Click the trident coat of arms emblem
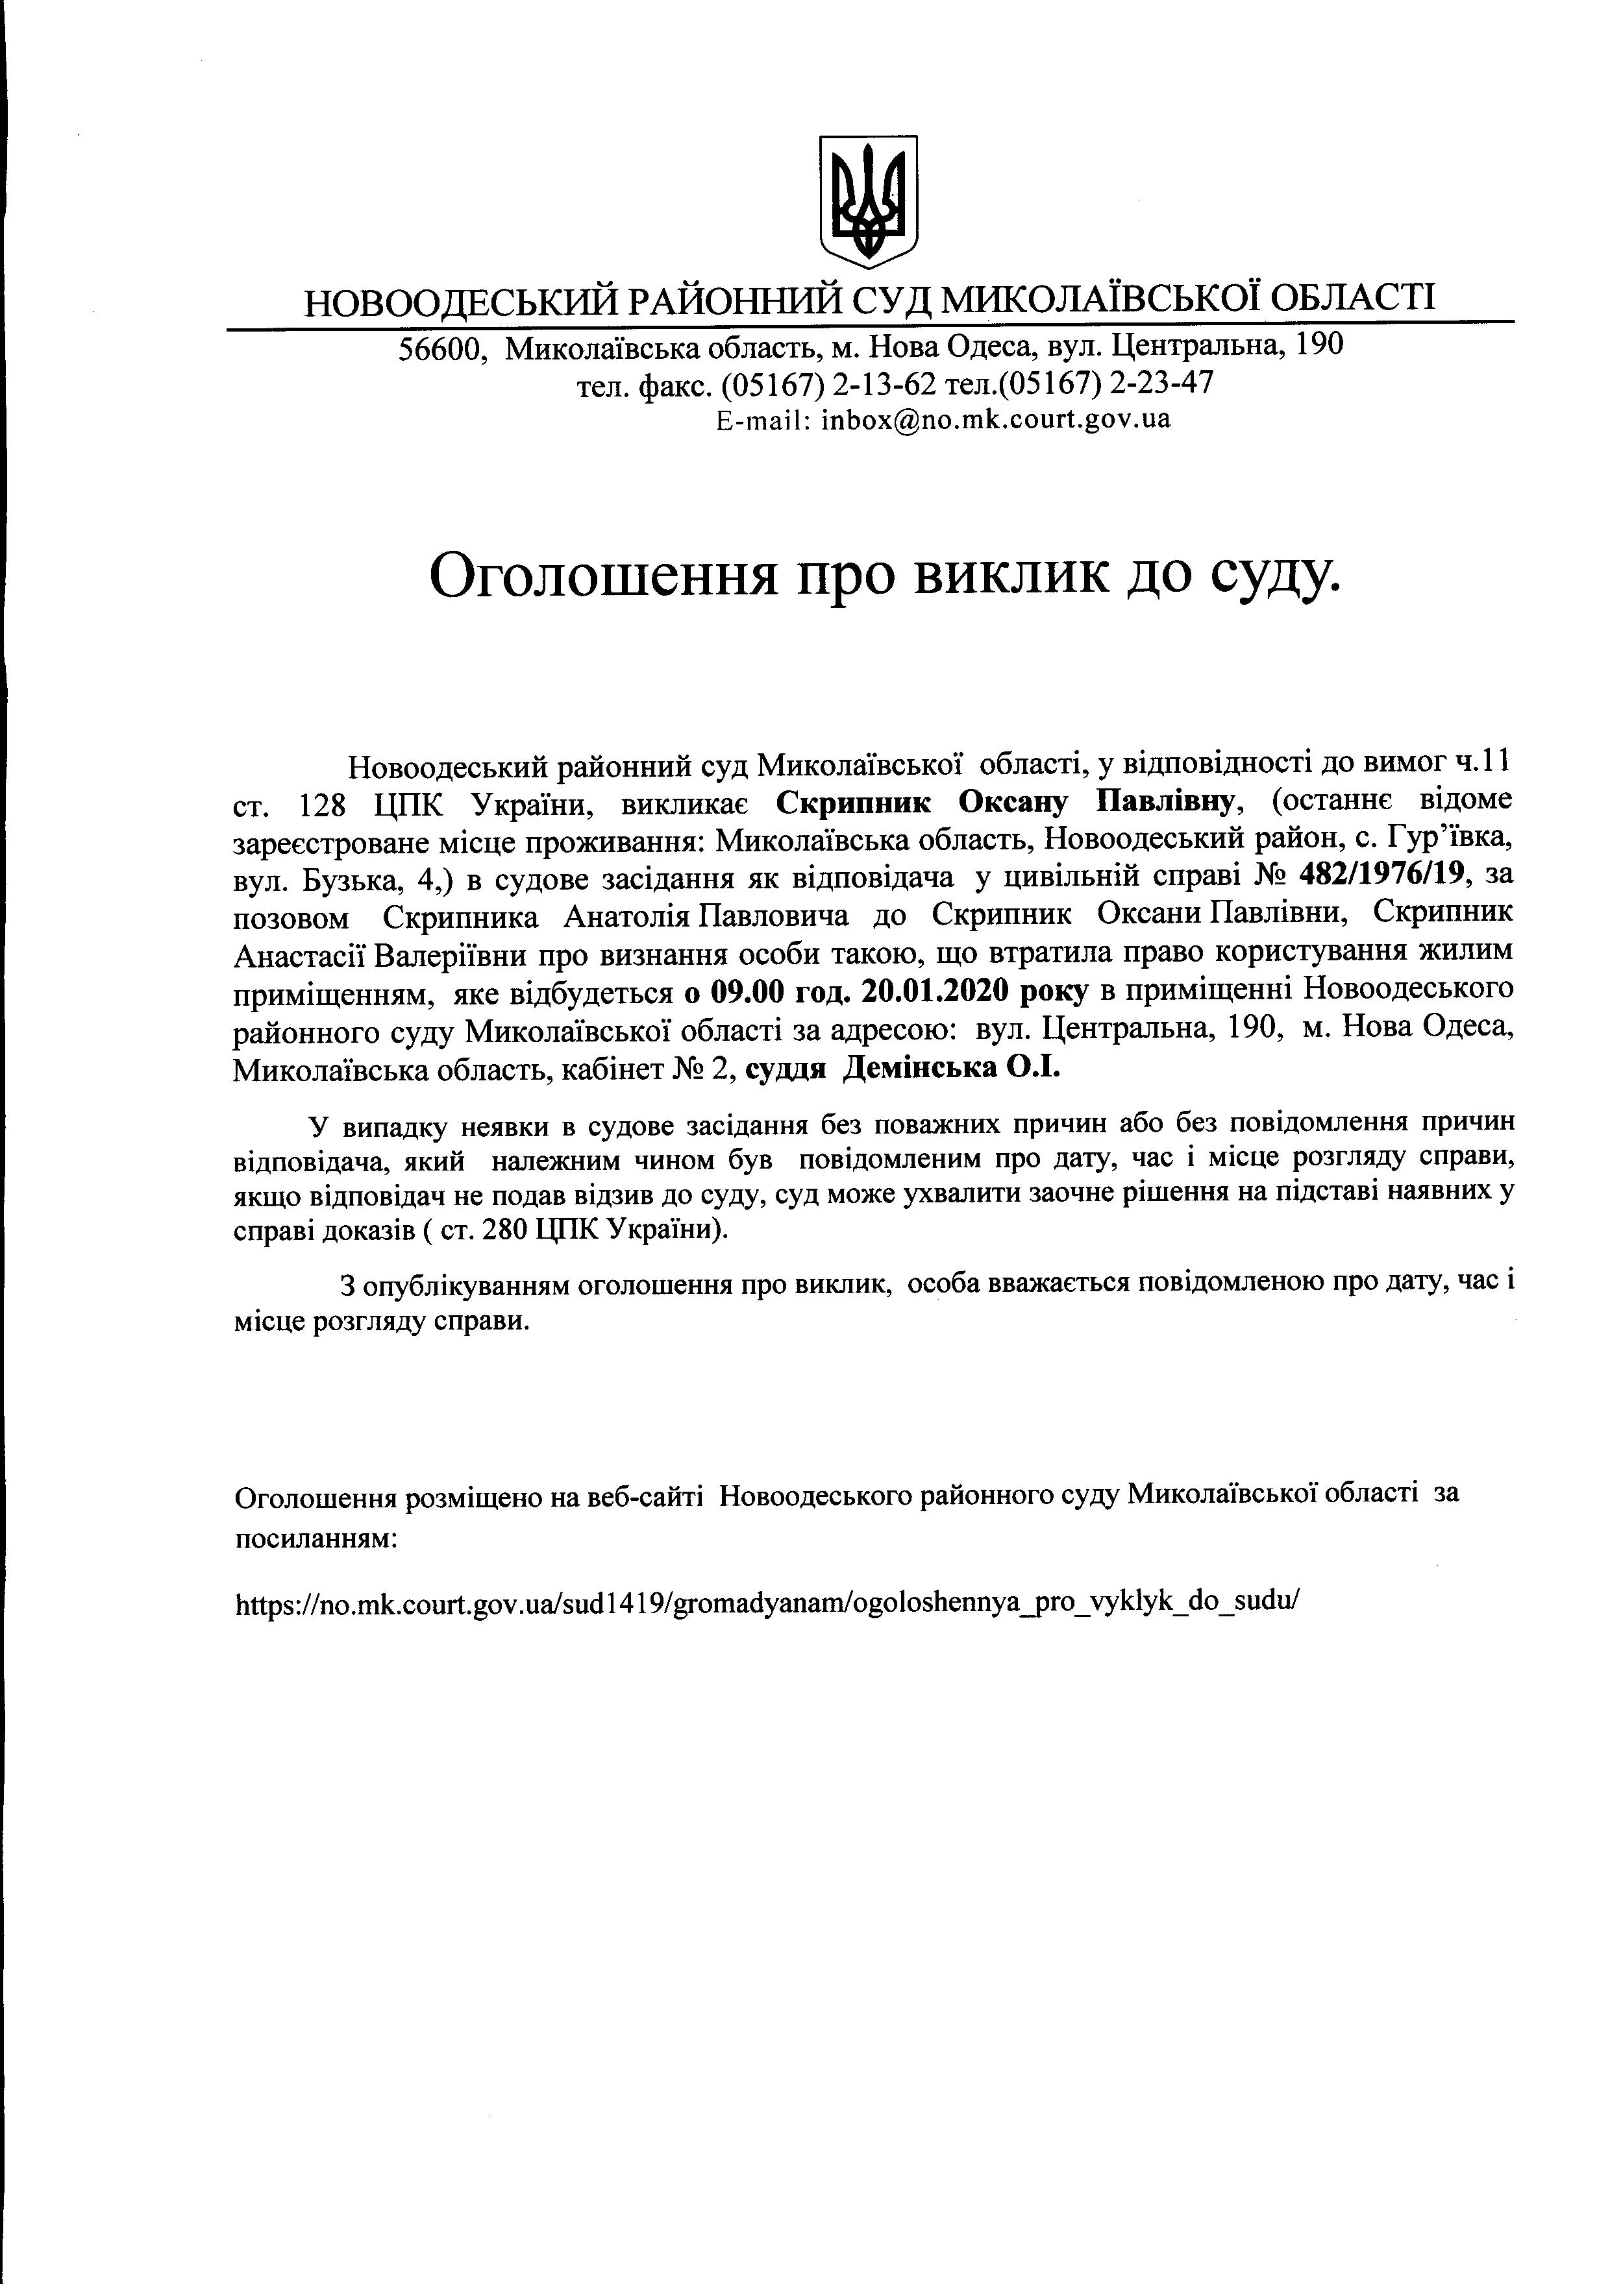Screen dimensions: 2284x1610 tap(867, 201)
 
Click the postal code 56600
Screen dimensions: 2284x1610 tap(442, 348)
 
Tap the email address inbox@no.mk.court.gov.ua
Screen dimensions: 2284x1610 tap(995, 419)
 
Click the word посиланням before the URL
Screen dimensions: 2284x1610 tap(316, 1539)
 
